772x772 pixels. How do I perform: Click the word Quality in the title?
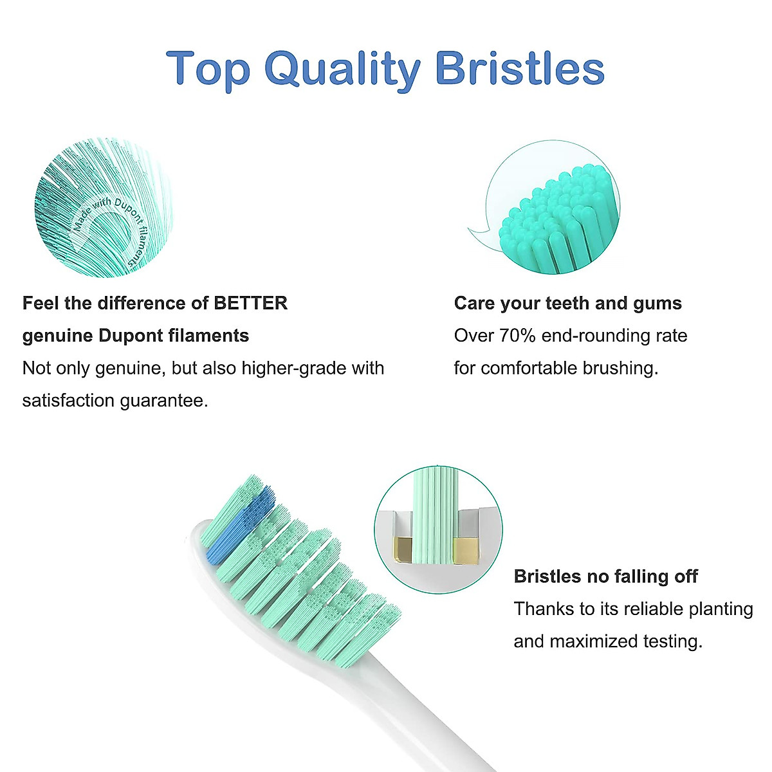coord(342,69)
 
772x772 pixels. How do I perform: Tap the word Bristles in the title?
coord(520,69)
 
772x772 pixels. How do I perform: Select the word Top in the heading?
coord(208,69)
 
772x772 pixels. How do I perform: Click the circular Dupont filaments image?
coord(103,208)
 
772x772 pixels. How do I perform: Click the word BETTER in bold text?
coord(250,303)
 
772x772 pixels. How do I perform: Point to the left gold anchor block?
coord(403,548)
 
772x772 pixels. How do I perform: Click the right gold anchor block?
coord(466,548)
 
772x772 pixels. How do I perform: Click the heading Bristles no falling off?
coord(605,576)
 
